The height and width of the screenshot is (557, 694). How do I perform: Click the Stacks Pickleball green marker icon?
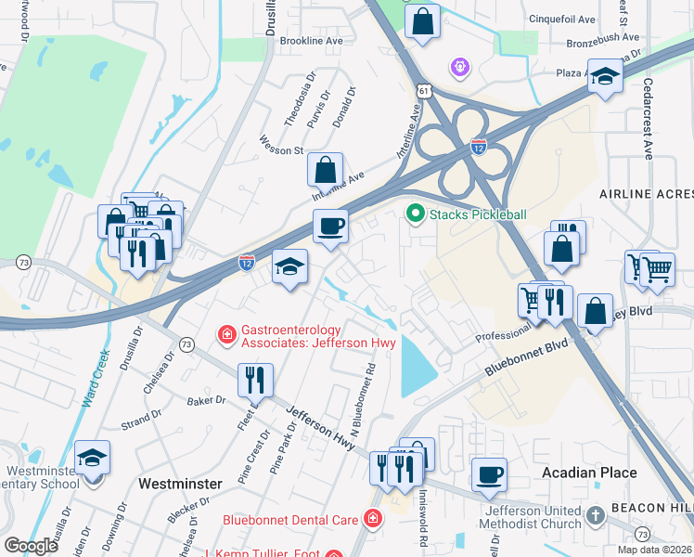click(x=415, y=214)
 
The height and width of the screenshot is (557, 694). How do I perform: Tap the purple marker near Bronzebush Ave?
click(x=458, y=67)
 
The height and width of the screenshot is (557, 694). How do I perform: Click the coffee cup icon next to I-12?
click(x=330, y=226)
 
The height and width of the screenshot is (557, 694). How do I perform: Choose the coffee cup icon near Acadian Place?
click(x=489, y=474)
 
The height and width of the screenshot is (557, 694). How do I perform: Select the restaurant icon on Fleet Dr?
click(x=253, y=379)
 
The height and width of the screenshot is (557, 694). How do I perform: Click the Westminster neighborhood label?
click(x=179, y=484)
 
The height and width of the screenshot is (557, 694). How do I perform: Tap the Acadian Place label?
click(x=589, y=473)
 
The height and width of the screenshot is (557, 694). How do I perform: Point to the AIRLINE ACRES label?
click(x=646, y=193)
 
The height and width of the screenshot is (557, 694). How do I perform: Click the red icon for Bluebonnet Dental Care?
click(x=372, y=518)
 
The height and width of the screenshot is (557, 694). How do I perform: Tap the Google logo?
click(x=32, y=546)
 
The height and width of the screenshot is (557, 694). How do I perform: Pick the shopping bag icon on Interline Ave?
click(x=325, y=170)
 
